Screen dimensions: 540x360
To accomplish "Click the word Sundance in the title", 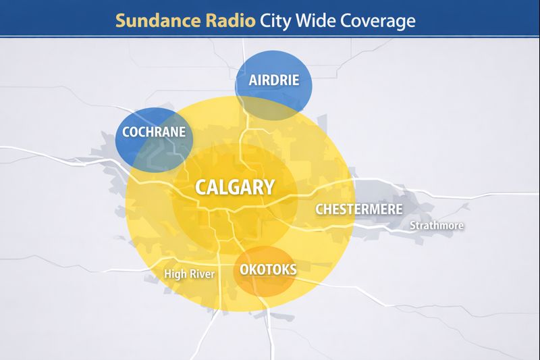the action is tap(154, 20).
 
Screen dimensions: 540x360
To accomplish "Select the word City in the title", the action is tap(276, 20).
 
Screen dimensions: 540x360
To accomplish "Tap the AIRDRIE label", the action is tap(273, 80).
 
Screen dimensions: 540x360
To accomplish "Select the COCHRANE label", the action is tap(153, 132).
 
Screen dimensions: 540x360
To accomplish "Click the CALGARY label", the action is tap(235, 187).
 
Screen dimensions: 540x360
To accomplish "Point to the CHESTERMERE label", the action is tap(358, 209).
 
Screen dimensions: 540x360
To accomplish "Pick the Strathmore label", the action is tap(437, 226).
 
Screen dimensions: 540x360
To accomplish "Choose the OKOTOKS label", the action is tap(268, 270).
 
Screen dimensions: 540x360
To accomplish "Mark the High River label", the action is tap(189, 274).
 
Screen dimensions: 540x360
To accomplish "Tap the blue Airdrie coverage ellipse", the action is tap(273, 64).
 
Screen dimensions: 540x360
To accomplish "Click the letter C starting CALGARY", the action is tap(201, 187).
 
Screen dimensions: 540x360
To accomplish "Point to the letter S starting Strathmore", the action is tap(413, 226).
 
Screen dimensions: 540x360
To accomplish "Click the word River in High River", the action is tap(202, 274).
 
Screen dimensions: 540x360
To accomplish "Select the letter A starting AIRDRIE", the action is tap(253, 80).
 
